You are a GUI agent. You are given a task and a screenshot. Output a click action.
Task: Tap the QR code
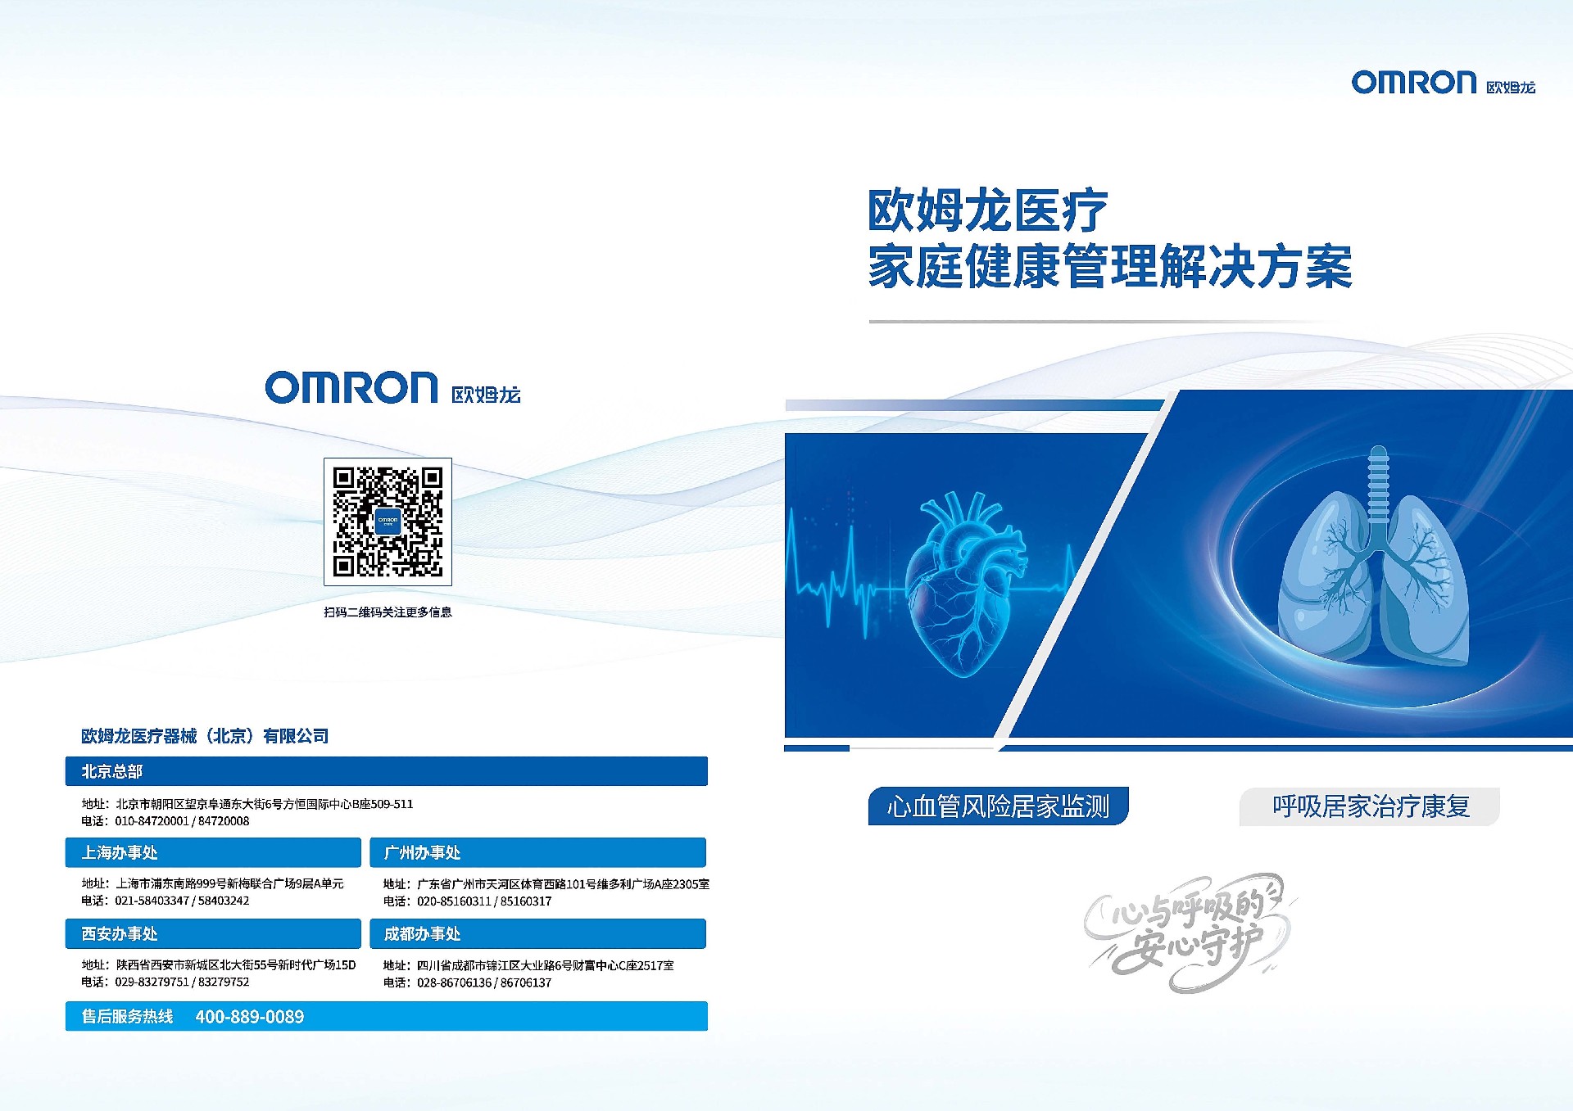click(x=388, y=522)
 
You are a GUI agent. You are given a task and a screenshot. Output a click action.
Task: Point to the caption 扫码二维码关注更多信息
click(x=388, y=612)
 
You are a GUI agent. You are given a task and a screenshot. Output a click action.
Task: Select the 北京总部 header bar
click(x=387, y=771)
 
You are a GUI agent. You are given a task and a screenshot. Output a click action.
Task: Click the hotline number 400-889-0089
click(x=250, y=1017)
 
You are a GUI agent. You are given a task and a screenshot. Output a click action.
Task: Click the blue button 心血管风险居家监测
click(x=998, y=806)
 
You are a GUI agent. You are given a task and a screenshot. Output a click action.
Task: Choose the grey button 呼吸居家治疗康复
click(x=1370, y=806)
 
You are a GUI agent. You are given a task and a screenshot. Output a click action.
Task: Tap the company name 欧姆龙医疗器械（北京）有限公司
click(x=205, y=736)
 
